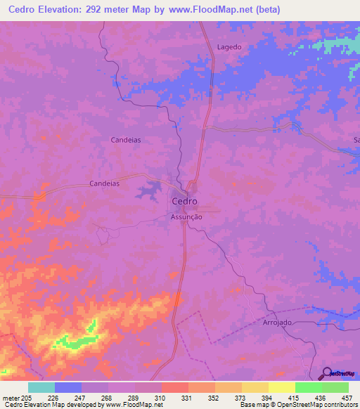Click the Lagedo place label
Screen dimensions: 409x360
[x=229, y=47]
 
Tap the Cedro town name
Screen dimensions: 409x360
[x=185, y=202]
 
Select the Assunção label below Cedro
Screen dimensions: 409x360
[x=187, y=218]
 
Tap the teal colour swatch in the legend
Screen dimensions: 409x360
[x=41, y=387]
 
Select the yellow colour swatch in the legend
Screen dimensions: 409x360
[x=282, y=387]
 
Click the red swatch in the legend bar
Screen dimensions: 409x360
[x=175, y=387]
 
